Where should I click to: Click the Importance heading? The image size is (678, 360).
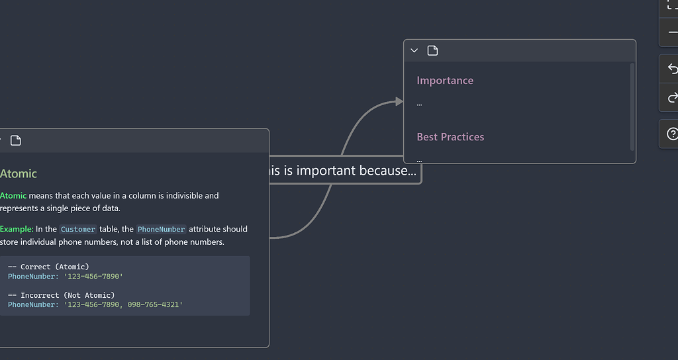[x=445, y=81]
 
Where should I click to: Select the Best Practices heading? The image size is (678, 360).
[x=450, y=137]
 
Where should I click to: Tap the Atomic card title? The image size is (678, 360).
[x=19, y=174]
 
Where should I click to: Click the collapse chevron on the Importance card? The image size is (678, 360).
[x=414, y=51]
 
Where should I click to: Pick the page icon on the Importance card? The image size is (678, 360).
[x=432, y=51]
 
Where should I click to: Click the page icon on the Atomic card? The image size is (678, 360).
[x=16, y=140]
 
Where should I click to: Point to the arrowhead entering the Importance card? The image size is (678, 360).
[x=399, y=101]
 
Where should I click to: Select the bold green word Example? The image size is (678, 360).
[x=17, y=229]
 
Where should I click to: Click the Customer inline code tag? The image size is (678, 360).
[x=78, y=230]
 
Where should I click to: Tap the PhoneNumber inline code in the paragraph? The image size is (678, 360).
[x=162, y=230]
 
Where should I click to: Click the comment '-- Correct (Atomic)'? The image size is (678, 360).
[x=48, y=267]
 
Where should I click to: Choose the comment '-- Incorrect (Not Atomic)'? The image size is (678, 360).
[x=61, y=295]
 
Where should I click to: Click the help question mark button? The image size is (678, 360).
[x=671, y=134]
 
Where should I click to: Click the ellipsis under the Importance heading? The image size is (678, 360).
[x=419, y=104]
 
